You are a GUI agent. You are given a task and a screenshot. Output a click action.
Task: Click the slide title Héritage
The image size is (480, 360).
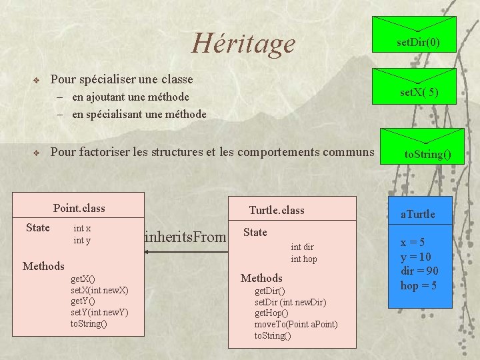point(243,43)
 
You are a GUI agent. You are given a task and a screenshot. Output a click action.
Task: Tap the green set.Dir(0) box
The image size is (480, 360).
point(418,43)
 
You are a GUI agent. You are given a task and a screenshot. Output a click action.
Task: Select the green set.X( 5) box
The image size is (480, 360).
point(418,93)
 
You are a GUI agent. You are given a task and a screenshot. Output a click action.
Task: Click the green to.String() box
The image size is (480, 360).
point(427,155)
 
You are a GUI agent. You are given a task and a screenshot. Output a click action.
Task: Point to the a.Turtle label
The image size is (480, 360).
point(417,214)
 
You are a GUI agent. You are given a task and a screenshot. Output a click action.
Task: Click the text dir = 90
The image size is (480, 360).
point(419,271)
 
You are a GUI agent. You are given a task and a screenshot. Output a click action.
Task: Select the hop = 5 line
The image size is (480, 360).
point(419,285)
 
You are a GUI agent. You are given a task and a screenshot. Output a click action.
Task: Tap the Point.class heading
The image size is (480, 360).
point(79,208)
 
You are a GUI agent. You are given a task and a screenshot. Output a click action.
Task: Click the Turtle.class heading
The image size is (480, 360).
point(276,210)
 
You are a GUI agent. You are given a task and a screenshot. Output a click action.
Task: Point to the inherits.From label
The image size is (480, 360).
point(185,235)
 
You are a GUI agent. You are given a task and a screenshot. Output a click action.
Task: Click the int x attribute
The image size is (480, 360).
point(82,228)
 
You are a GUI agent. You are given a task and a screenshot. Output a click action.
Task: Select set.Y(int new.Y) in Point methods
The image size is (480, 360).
point(99,313)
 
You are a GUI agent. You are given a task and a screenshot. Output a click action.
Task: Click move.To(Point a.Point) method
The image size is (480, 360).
point(296,324)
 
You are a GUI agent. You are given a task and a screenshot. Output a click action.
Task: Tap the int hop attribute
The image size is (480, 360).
point(304,259)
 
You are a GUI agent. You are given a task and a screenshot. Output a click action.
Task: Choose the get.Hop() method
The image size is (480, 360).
point(271,313)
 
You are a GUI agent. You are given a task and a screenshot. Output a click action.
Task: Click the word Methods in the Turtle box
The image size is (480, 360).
point(261,278)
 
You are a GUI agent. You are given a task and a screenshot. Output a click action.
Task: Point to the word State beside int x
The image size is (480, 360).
point(38,228)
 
